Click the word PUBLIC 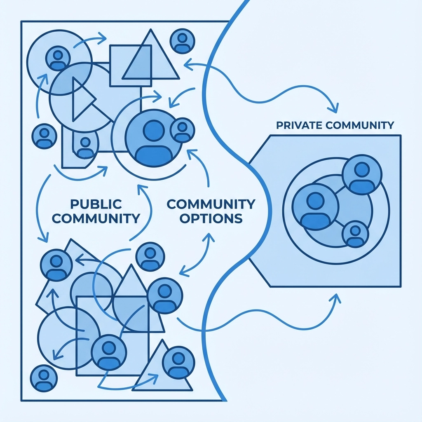pos(96,204)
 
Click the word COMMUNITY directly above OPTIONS pos(211,204)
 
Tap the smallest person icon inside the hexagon pos(355,234)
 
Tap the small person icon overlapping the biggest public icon pos(182,131)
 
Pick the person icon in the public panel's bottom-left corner pos(43,378)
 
